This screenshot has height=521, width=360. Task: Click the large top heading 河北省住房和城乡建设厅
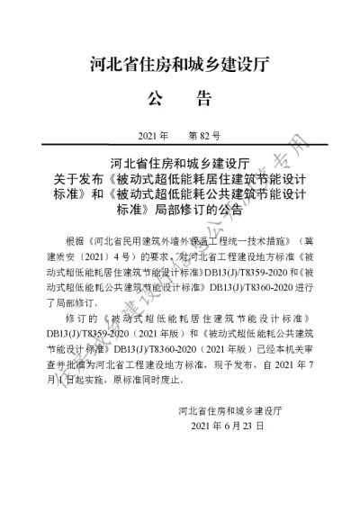point(180,65)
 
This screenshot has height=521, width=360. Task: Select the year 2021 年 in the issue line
point(154,136)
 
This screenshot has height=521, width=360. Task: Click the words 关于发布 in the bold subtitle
point(81,179)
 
